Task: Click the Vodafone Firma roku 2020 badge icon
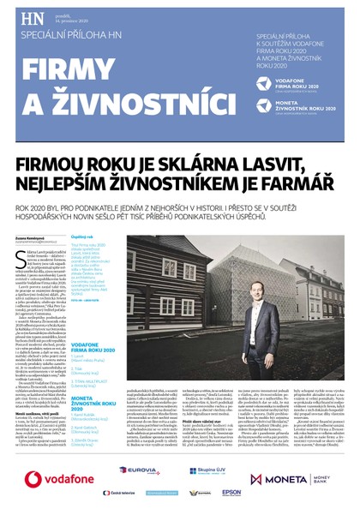point(268,83)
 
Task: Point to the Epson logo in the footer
point(231,493)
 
